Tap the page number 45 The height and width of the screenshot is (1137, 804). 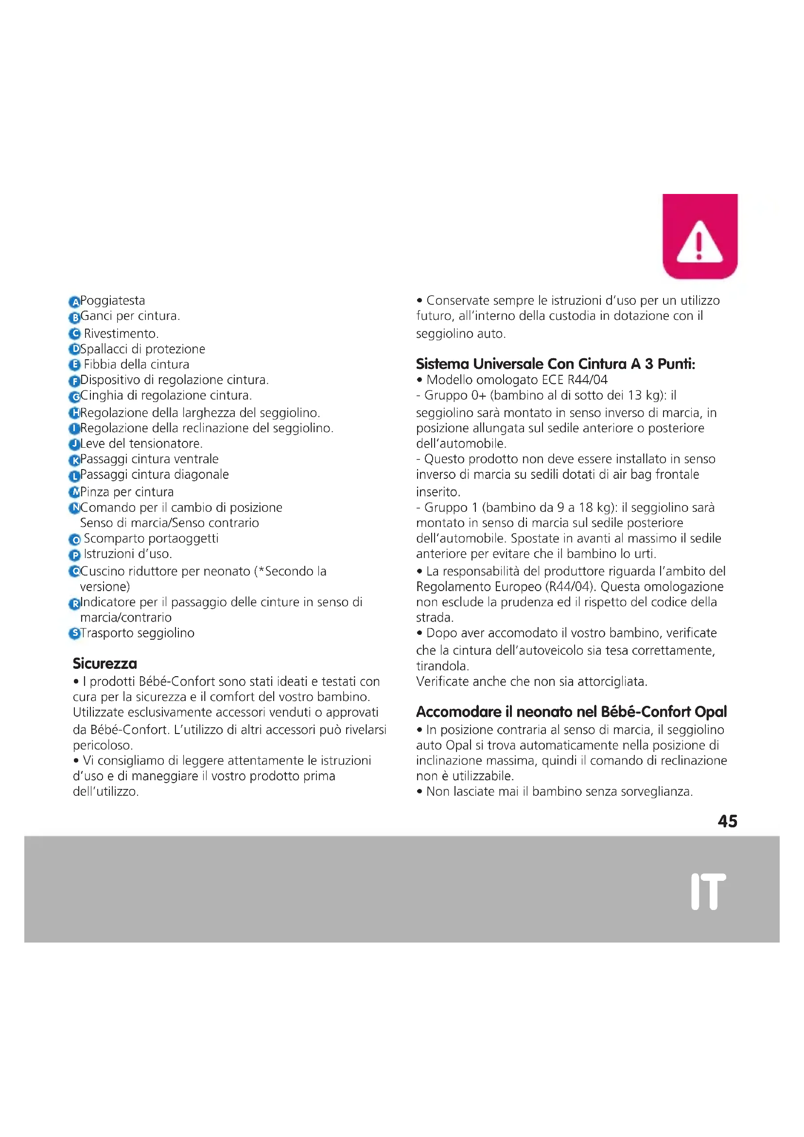tap(727, 822)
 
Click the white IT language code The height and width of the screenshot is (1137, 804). tap(708, 892)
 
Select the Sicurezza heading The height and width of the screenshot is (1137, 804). tap(105, 664)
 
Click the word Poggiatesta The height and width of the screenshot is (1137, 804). tap(113, 300)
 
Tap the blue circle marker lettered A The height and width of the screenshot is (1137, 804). tap(74, 302)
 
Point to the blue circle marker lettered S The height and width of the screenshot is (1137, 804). tap(74, 633)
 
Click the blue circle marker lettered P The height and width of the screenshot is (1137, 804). tap(74, 555)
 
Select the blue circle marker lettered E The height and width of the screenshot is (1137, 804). tap(74, 365)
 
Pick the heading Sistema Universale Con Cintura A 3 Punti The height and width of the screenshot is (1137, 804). tap(556, 365)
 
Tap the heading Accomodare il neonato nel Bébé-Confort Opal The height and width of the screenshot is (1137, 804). tap(571, 712)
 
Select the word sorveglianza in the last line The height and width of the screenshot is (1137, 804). tap(655, 791)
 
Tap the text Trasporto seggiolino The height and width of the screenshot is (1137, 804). tap(137, 633)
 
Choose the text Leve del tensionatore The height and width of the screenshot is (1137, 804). tap(141, 444)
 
